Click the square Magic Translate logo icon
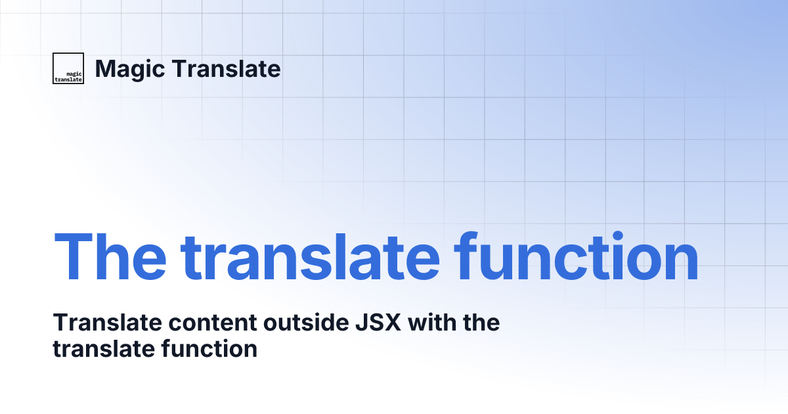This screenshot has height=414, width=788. point(68,68)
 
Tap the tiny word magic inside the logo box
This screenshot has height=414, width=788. point(74,74)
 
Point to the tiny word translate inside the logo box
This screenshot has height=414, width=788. point(68,80)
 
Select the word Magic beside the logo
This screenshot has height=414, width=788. point(130,70)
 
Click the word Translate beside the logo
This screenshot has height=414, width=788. point(226,68)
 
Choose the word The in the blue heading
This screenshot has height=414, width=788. point(110,256)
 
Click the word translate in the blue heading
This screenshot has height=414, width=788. point(310,256)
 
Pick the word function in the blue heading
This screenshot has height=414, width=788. point(577,255)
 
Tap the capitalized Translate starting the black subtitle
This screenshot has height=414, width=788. point(107,322)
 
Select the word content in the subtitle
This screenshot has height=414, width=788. point(213,323)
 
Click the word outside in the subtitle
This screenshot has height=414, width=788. point(306,322)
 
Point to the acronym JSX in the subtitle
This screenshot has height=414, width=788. point(378,322)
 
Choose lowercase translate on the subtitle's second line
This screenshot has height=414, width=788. point(104,349)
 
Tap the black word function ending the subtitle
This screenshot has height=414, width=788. point(209,348)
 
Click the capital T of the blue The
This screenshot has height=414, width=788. point(73,256)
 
